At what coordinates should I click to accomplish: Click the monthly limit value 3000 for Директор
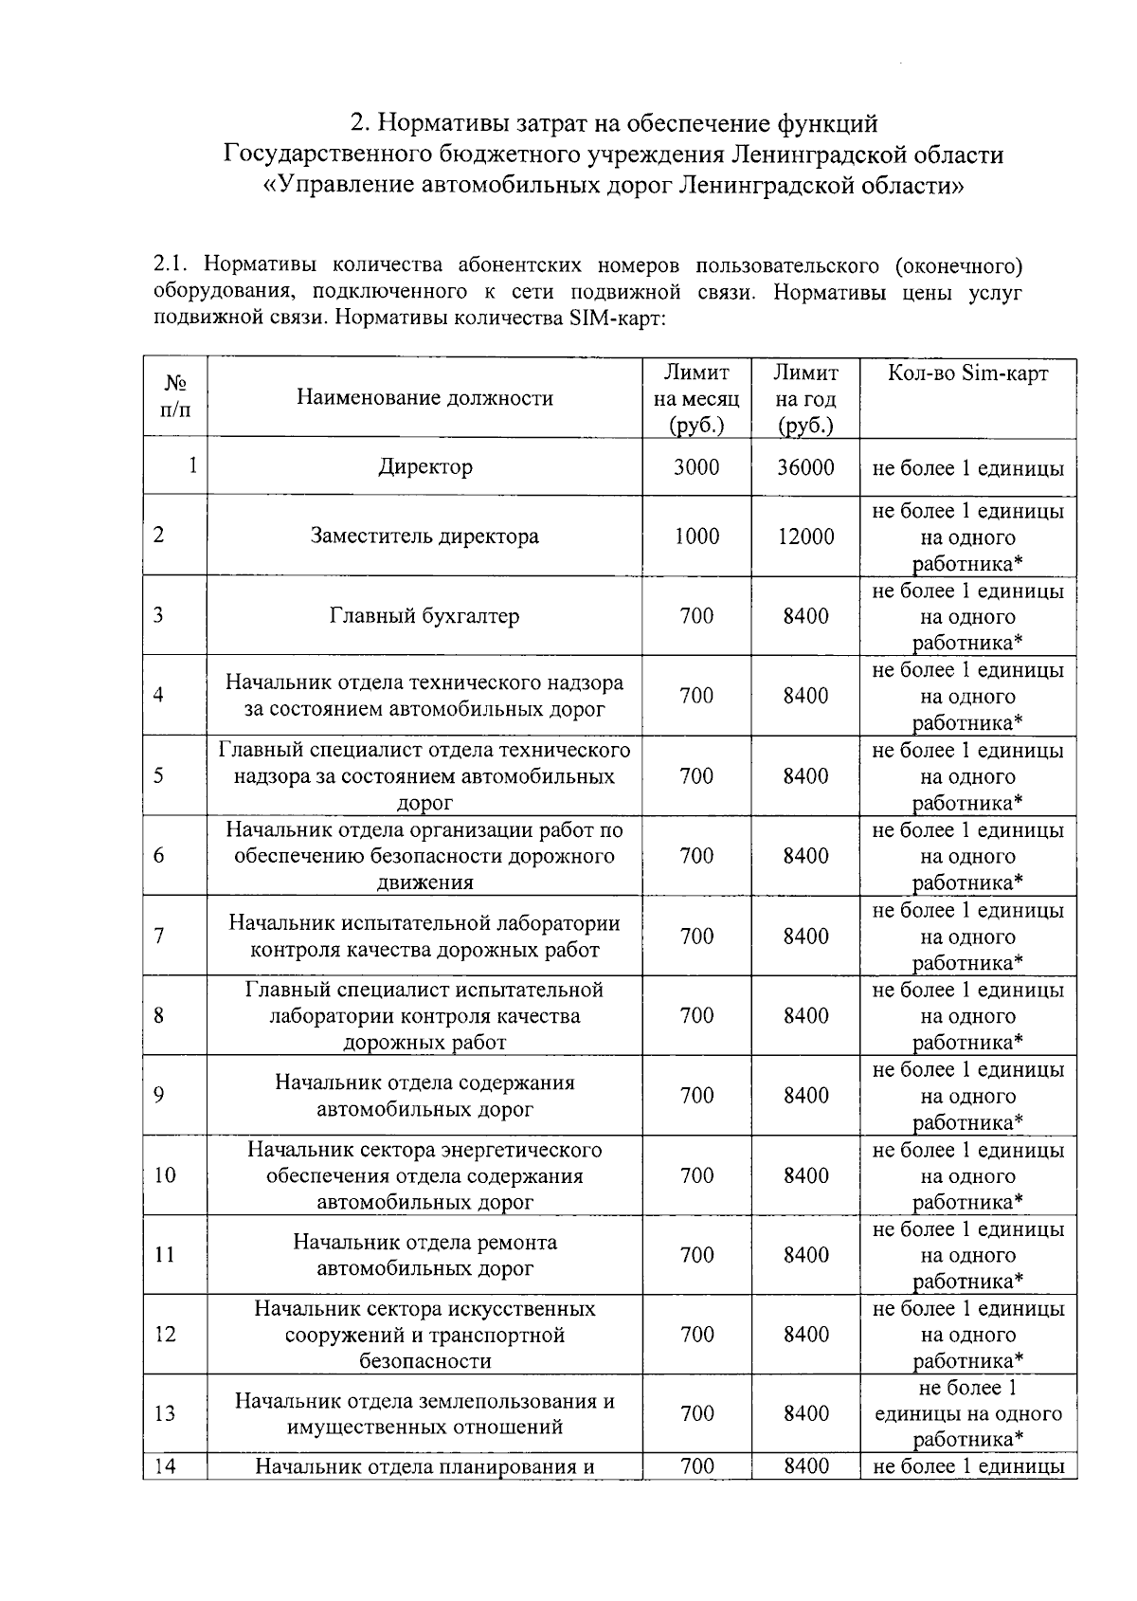[696, 466]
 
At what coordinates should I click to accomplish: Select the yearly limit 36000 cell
[805, 466]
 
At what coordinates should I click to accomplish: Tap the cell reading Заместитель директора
[424, 536]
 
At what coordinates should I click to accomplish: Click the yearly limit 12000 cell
[805, 537]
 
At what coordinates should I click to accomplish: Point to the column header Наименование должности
[424, 398]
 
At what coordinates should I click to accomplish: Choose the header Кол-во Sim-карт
[967, 373]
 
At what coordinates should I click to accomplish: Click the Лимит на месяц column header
[696, 398]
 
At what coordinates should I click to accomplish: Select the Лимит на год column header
[805, 398]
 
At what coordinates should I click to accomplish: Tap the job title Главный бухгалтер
[424, 616]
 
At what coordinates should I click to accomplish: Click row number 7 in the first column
[158, 937]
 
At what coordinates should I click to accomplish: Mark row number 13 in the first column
[164, 1413]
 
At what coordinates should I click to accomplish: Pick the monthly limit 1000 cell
[696, 537]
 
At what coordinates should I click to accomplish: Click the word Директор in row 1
[424, 466]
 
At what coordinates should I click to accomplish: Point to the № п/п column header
[175, 397]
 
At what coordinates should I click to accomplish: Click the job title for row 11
[424, 1255]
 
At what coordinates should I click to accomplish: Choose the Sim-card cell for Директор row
[967, 468]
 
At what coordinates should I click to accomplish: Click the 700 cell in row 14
[696, 1466]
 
